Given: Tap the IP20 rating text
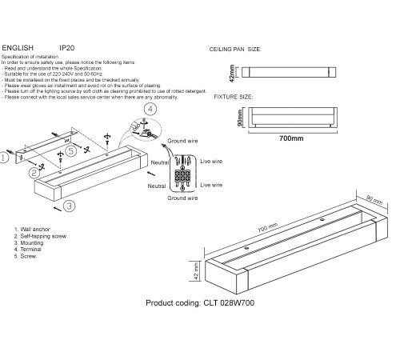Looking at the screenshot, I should tap(69, 48).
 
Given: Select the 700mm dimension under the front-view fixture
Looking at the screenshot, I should tap(293, 138).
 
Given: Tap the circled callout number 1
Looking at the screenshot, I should tap(6, 158).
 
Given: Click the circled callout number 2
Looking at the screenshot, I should tap(34, 172).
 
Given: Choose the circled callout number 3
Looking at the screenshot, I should tap(69, 206).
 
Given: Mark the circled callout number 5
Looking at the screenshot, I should tap(71, 150).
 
